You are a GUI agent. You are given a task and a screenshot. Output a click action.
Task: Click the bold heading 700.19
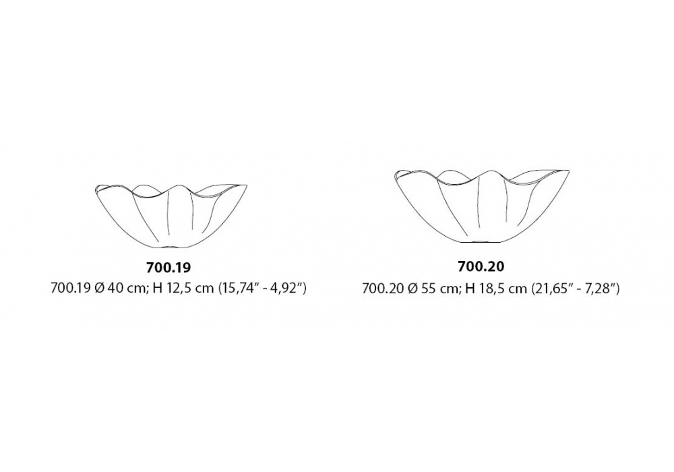168,268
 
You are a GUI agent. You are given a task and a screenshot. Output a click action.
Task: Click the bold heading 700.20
481,266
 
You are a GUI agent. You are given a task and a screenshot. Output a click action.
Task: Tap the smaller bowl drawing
171,216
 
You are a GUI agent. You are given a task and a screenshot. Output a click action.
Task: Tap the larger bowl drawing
485,206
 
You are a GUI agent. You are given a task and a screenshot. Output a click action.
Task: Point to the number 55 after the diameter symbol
428,288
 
